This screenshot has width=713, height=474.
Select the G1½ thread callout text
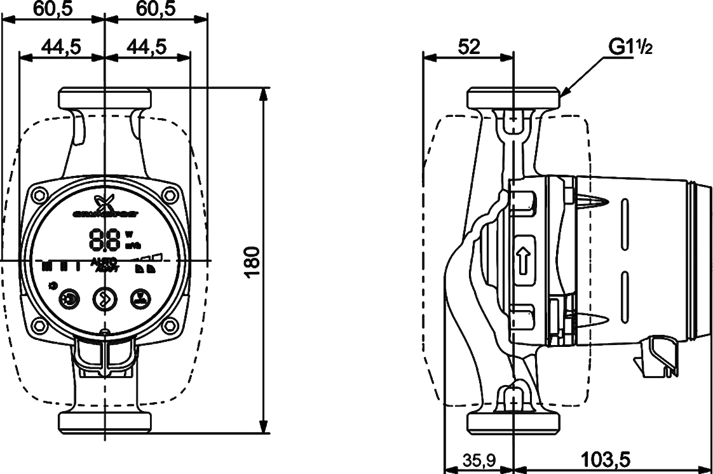coord(630,46)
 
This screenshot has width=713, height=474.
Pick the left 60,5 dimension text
coord(53,8)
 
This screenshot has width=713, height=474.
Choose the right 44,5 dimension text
coord(147,46)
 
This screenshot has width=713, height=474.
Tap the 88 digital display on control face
coord(105,240)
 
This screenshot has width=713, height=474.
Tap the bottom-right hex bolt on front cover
coord(169,326)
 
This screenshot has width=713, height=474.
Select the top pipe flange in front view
coord(105,98)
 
